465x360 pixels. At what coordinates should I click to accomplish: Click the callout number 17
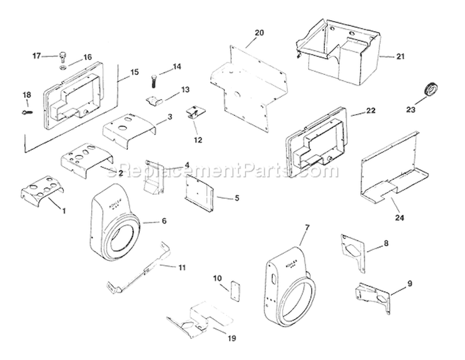pos(36,56)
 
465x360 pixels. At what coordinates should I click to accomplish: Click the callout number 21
pos(400,57)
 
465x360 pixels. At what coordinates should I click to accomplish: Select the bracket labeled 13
pos(153,99)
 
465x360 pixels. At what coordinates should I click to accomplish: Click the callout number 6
pos(164,221)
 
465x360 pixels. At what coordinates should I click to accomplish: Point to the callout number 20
pos(259,32)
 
